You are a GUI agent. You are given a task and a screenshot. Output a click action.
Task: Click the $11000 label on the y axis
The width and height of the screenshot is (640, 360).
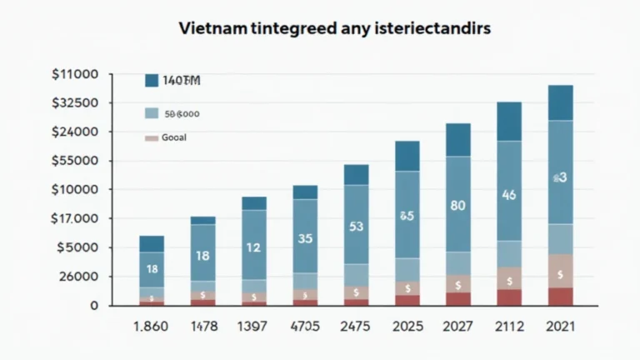coord(75,74)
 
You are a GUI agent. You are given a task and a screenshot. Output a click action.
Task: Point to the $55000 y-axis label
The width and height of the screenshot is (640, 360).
coord(75,161)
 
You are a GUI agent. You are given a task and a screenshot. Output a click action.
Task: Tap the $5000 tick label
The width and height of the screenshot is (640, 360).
coord(77,247)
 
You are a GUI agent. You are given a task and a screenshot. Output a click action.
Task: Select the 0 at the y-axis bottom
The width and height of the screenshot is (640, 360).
coord(94,306)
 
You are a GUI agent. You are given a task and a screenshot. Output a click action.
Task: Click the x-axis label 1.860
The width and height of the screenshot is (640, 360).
coord(152,327)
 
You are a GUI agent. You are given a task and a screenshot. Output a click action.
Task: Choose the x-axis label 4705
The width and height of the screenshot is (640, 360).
coord(305,327)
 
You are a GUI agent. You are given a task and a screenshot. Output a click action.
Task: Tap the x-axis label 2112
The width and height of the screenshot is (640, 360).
coord(509,327)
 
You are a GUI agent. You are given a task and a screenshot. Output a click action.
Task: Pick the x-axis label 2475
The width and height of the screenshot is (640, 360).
coord(356,327)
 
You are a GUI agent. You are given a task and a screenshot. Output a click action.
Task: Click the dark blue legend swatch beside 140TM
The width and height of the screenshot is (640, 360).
coord(151,81)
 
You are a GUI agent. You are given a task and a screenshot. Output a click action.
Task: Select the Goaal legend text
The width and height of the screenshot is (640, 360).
coord(175,137)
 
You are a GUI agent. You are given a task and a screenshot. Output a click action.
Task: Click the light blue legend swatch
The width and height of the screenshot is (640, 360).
coord(151,113)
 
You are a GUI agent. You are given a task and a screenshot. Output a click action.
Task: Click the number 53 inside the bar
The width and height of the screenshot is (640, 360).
coord(356,226)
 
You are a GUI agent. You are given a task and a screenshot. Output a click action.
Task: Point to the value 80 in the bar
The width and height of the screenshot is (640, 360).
coord(457,204)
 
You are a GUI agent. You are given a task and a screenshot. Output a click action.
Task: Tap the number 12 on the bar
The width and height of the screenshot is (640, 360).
coord(254,247)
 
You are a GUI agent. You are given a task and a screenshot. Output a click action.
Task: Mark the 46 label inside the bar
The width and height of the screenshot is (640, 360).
coord(509,195)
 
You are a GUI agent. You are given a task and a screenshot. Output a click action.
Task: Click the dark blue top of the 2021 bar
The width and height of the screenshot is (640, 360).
coord(560,102)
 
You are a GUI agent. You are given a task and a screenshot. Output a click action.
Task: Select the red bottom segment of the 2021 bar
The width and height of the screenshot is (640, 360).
coord(560,296)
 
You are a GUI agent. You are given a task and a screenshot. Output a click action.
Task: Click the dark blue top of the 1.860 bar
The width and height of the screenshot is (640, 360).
coord(152,243)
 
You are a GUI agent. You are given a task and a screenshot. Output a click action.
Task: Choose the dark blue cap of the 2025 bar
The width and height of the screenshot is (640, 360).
coord(407,156)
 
